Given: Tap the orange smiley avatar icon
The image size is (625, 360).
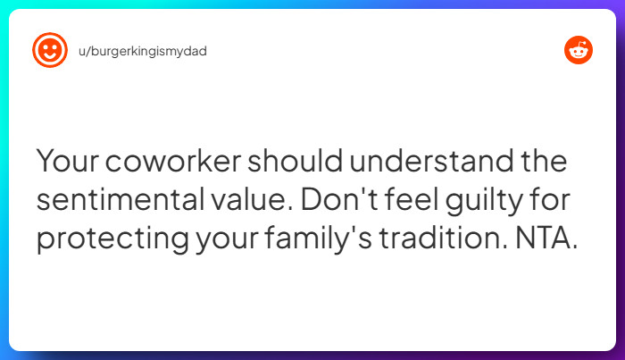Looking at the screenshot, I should tap(49, 50).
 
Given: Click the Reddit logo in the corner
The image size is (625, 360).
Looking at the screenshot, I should tap(579, 51).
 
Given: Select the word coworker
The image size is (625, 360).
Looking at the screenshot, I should tap(174, 163).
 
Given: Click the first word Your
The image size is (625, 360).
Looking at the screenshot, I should tap(67, 163).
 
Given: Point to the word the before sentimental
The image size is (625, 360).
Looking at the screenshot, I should tap(540, 163).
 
